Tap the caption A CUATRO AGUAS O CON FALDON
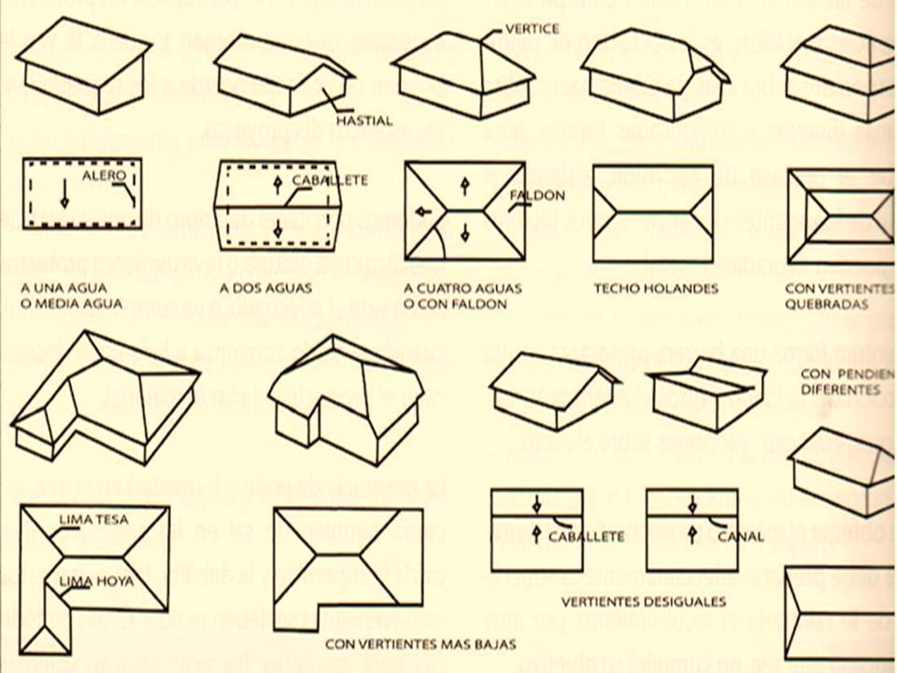462,296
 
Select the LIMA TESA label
93,519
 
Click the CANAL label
741,537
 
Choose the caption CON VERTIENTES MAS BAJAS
411,643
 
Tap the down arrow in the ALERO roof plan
64,196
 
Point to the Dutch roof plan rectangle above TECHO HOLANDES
653,213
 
